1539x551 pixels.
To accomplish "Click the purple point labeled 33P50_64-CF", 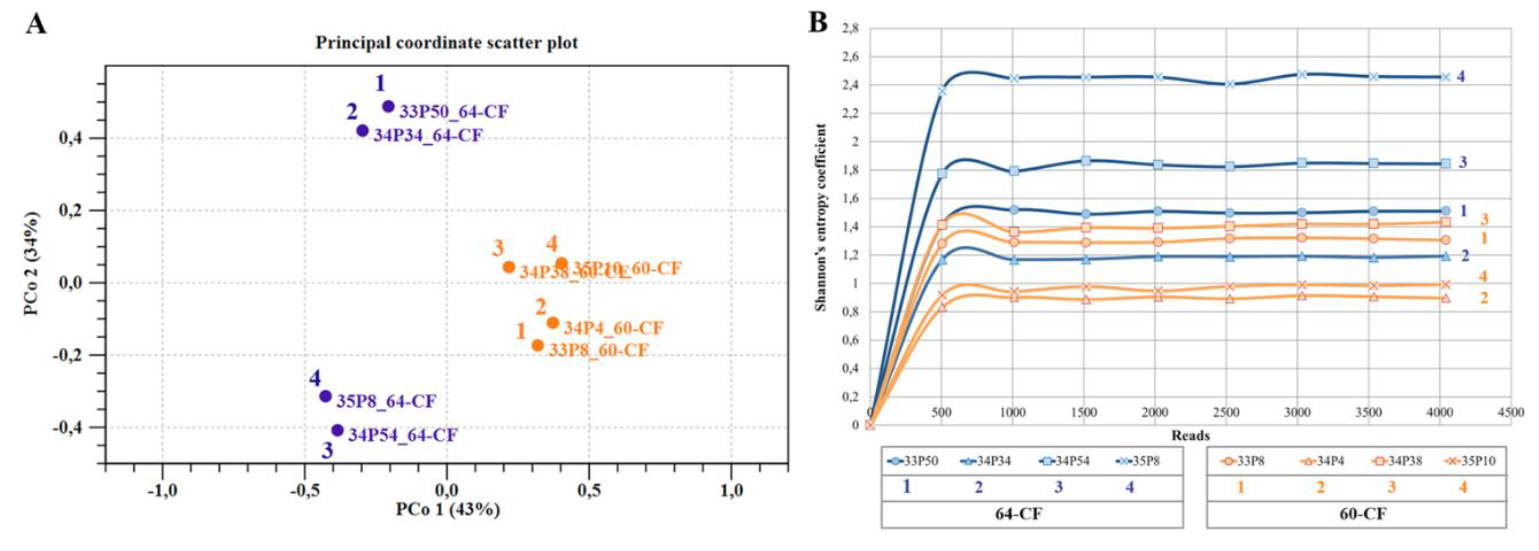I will click(388, 106).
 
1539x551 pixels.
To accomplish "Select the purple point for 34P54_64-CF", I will click(338, 430).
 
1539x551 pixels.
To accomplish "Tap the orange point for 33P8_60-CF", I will click(538, 345).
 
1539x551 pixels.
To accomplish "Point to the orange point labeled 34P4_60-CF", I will click(553, 323).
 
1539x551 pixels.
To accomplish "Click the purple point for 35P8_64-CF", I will click(326, 396).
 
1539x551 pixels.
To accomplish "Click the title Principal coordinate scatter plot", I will click(446, 43).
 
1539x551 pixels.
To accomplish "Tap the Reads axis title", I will click(1190, 435).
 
